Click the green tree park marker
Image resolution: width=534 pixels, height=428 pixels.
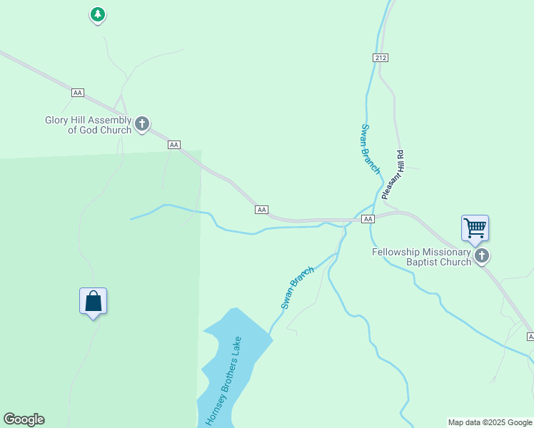[x=98, y=14]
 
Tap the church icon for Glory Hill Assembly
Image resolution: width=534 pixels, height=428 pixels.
[x=142, y=124]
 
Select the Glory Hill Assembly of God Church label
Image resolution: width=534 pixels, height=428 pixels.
[x=89, y=125]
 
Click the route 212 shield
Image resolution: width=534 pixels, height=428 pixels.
[x=380, y=57]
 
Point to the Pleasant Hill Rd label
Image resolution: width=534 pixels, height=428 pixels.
[x=393, y=174]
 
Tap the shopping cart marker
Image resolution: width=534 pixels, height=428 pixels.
[x=475, y=229]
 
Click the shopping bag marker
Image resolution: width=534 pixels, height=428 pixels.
[x=93, y=301]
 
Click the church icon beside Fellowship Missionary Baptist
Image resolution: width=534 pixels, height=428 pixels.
[x=482, y=255]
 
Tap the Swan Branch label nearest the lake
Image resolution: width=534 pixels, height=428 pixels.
[x=297, y=287]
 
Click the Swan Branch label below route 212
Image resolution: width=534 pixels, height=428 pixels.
[x=370, y=148]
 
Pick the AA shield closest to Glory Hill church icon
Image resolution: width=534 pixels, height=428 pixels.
[x=173, y=145]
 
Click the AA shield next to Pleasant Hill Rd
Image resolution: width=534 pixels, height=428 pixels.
[x=368, y=219]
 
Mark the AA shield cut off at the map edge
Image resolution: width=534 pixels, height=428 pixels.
[x=530, y=336]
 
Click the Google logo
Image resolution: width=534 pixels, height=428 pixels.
[x=24, y=419]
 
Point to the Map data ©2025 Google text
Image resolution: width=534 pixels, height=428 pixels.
[x=490, y=422]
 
